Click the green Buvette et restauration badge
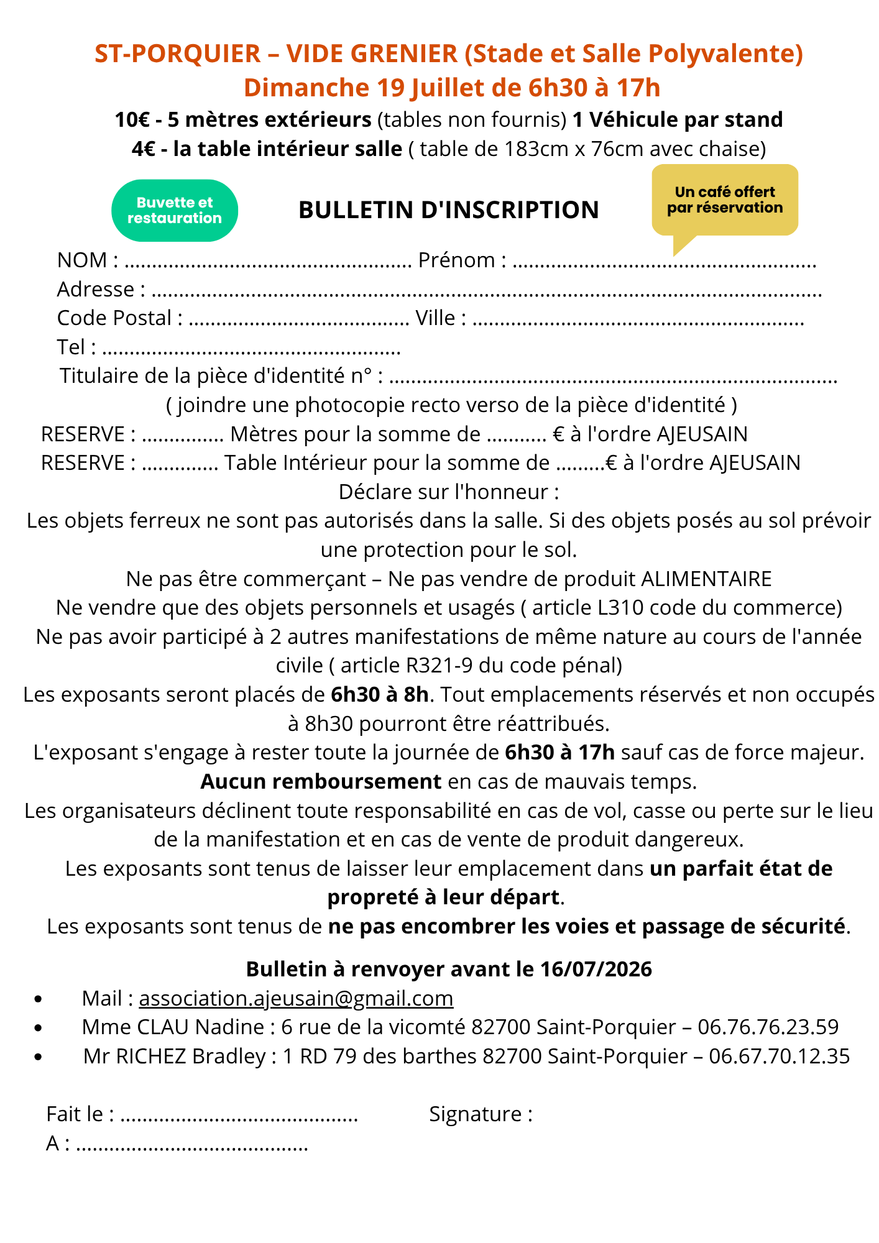click(175, 211)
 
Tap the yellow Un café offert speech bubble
click(725, 200)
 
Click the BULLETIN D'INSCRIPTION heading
click(448, 210)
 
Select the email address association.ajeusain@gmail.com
click(296, 998)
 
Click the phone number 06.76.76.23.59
click(768, 1027)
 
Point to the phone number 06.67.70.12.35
click(779, 1056)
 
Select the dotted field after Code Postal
click(298, 320)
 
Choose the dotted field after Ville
click(638, 320)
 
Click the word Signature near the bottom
click(481, 1114)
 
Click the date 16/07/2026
click(596, 969)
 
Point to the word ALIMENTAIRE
click(706, 579)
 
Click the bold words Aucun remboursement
click(321, 781)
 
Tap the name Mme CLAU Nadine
click(173, 1027)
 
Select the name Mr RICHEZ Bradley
click(175, 1056)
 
